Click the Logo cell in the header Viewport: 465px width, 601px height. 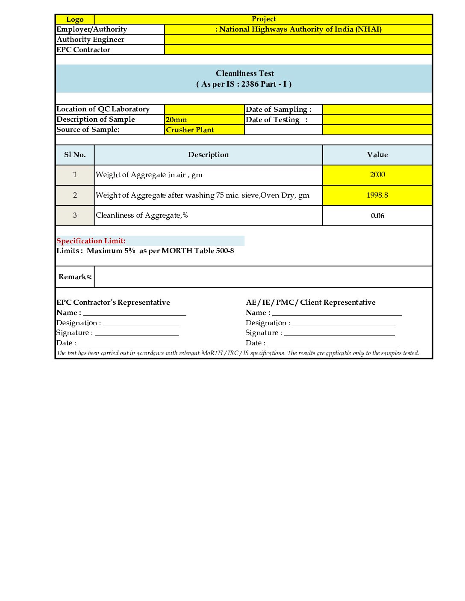pos(75,19)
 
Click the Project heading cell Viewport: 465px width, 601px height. pos(263,19)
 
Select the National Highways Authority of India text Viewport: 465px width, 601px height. pos(298,29)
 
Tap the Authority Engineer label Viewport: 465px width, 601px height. pos(91,40)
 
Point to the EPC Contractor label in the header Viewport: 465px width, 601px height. pos(83,50)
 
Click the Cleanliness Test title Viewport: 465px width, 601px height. pos(244,73)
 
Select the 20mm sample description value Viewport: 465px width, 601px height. pos(177,120)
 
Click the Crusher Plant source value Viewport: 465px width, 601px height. pos(190,130)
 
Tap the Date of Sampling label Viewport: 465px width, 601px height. pos(278,110)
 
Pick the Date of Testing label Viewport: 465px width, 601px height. pos(276,120)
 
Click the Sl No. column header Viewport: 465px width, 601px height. pos(75,155)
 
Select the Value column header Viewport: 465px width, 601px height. pos(377,155)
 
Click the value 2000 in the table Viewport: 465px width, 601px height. pos(377,175)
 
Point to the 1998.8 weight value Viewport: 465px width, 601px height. pos(377,195)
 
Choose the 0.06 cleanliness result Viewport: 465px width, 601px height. pos(377,216)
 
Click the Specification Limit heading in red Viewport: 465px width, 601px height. pos(91,241)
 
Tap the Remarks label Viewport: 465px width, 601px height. pos(75,277)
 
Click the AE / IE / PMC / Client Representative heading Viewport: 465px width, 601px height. pos(311,303)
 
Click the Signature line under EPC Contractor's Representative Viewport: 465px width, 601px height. pos(137,333)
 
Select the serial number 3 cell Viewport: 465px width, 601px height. pos(75,216)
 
